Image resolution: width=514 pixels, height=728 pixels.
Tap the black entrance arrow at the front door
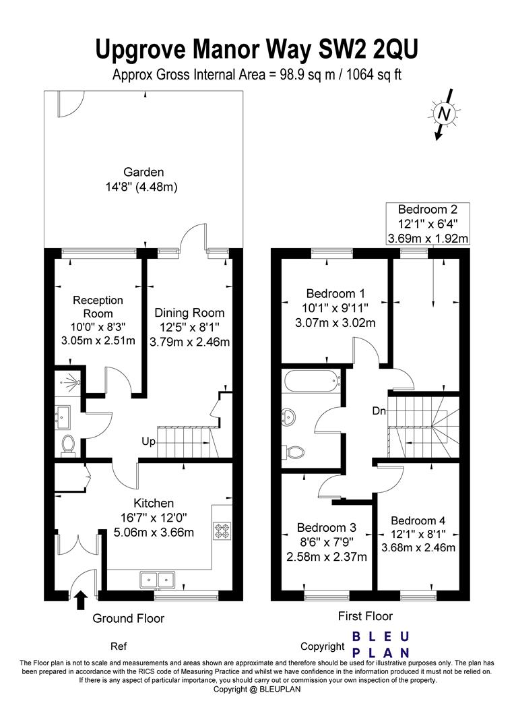click(81, 599)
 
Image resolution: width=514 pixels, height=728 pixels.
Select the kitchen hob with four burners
click(222, 530)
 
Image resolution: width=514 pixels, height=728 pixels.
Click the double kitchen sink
click(157, 580)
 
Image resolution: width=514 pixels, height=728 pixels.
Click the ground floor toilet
click(68, 444)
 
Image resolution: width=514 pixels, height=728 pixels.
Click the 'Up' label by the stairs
click(148, 442)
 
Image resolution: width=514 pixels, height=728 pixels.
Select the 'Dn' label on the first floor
click(379, 411)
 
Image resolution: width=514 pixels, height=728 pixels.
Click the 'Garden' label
click(143, 173)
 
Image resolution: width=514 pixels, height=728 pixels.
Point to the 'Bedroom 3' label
click(327, 527)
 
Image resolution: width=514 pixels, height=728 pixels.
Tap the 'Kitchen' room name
click(154, 504)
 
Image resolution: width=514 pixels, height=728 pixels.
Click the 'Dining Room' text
click(189, 313)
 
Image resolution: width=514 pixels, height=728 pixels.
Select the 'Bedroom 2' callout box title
click(428, 209)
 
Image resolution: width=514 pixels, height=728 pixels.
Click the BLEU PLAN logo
click(381, 644)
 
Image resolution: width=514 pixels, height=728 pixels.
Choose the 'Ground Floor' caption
click(129, 618)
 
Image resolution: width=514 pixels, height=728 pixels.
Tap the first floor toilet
click(293, 450)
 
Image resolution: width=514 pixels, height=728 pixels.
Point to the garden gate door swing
click(71, 104)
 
